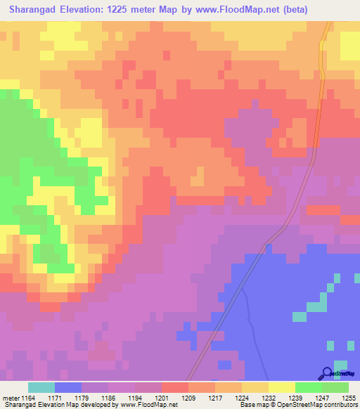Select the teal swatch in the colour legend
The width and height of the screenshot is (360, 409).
point(41,387)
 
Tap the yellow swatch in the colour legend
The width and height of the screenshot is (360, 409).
point(282,387)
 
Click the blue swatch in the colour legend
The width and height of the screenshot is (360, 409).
point(68,387)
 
